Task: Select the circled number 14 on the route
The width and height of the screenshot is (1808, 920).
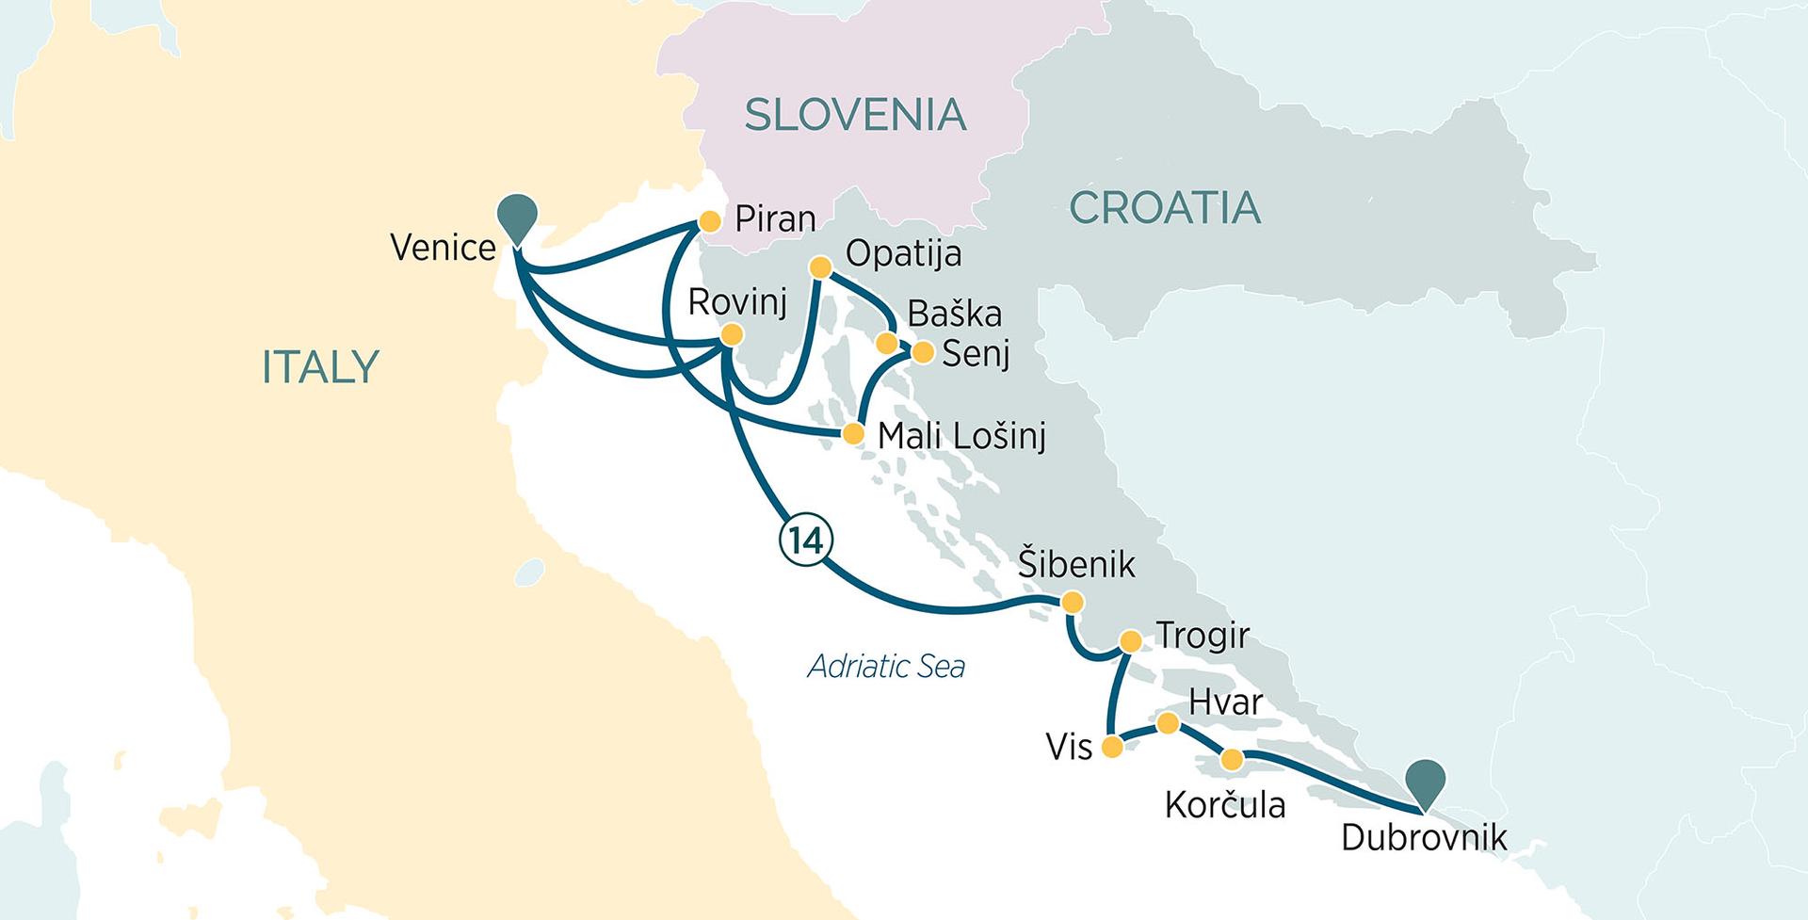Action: coord(805,541)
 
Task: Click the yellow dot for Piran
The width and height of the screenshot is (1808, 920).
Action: coord(709,222)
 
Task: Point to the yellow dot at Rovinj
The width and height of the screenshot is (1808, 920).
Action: coord(731,335)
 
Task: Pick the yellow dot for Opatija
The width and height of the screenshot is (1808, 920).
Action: coord(820,268)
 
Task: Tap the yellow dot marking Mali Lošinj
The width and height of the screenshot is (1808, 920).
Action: coord(852,434)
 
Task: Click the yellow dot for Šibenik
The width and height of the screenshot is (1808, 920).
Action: coord(1072,603)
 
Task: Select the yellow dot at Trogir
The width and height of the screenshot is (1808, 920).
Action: coord(1130,642)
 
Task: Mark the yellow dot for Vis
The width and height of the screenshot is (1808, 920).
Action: coord(1112,748)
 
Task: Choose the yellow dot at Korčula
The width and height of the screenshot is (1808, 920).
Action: coord(1231,759)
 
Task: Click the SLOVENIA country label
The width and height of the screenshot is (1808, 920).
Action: coord(855,115)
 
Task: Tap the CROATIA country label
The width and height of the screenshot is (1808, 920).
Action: coord(1165,207)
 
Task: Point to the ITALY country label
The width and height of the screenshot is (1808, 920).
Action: coord(320,366)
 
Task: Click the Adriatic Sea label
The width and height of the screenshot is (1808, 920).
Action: coord(886,667)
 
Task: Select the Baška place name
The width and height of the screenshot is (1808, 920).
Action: coord(954,314)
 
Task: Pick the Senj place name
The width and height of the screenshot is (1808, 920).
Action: coord(976,354)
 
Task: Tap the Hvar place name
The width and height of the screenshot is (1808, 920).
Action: coord(1225,702)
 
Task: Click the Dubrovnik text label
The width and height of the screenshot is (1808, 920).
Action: coord(1424,837)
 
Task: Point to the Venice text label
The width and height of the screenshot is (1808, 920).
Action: coord(443,248)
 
